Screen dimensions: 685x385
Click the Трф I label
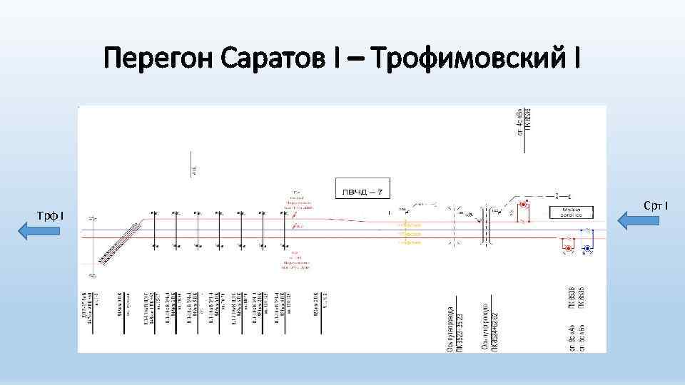(51, 215)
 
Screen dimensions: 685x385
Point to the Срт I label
(656, 206)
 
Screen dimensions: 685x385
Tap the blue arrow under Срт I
(639, 220)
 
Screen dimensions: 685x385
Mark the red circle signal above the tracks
(524, 205)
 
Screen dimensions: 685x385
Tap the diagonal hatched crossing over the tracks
(118, 242)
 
